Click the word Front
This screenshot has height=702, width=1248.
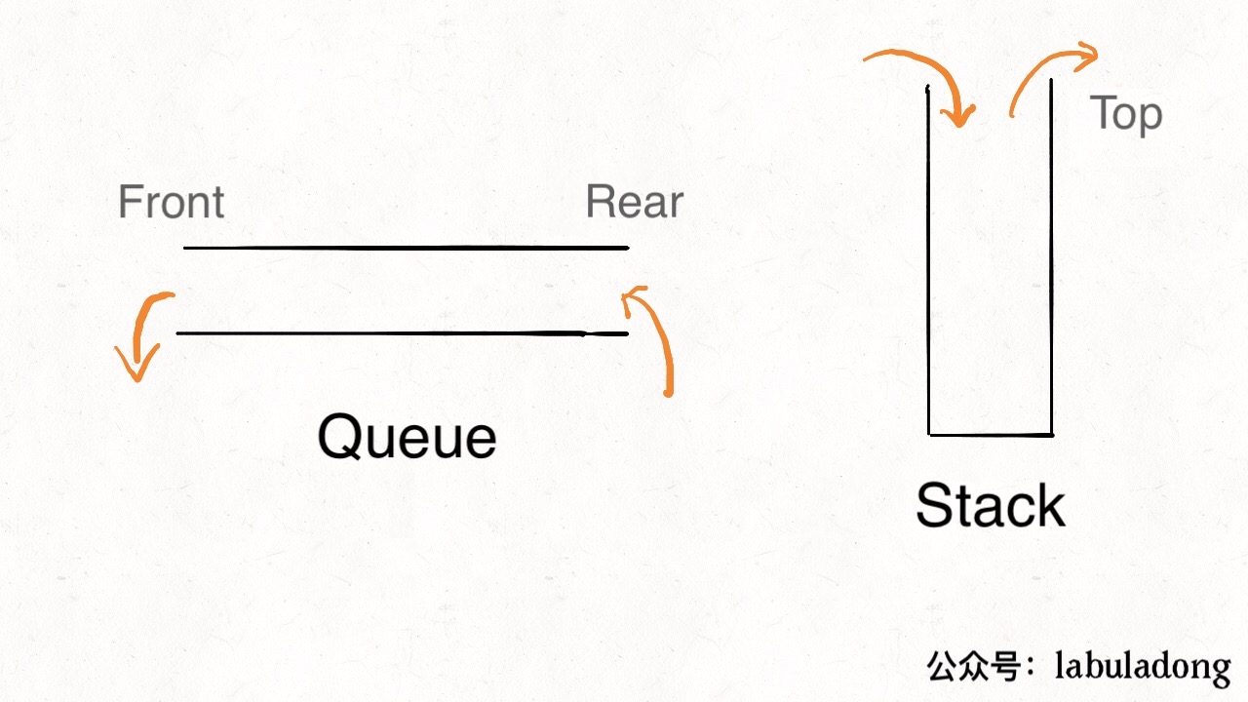(x=171, y=203)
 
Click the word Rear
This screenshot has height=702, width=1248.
(x=634, y=203)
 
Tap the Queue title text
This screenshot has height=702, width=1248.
(x=407, y=437)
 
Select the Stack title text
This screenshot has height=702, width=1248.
(x=990, y=506)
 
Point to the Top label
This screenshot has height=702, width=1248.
(x=1126, y=114)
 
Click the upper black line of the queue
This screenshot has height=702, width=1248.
(x=406, y=248)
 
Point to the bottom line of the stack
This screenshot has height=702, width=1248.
(x=991, y=434)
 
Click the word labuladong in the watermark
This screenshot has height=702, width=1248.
(x=1143, y=667)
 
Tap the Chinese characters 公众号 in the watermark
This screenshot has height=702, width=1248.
(x=974, y=667)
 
